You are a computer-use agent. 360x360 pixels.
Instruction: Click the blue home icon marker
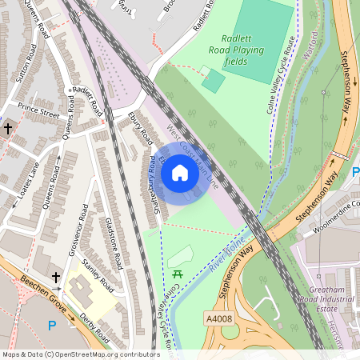(180, 172)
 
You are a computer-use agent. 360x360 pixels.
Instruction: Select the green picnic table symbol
(178, 275)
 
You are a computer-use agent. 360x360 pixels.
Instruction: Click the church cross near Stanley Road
(56, 277)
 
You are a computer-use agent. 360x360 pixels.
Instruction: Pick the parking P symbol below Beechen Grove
(53, 325)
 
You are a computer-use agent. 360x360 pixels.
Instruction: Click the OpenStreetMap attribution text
(81, 354)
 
